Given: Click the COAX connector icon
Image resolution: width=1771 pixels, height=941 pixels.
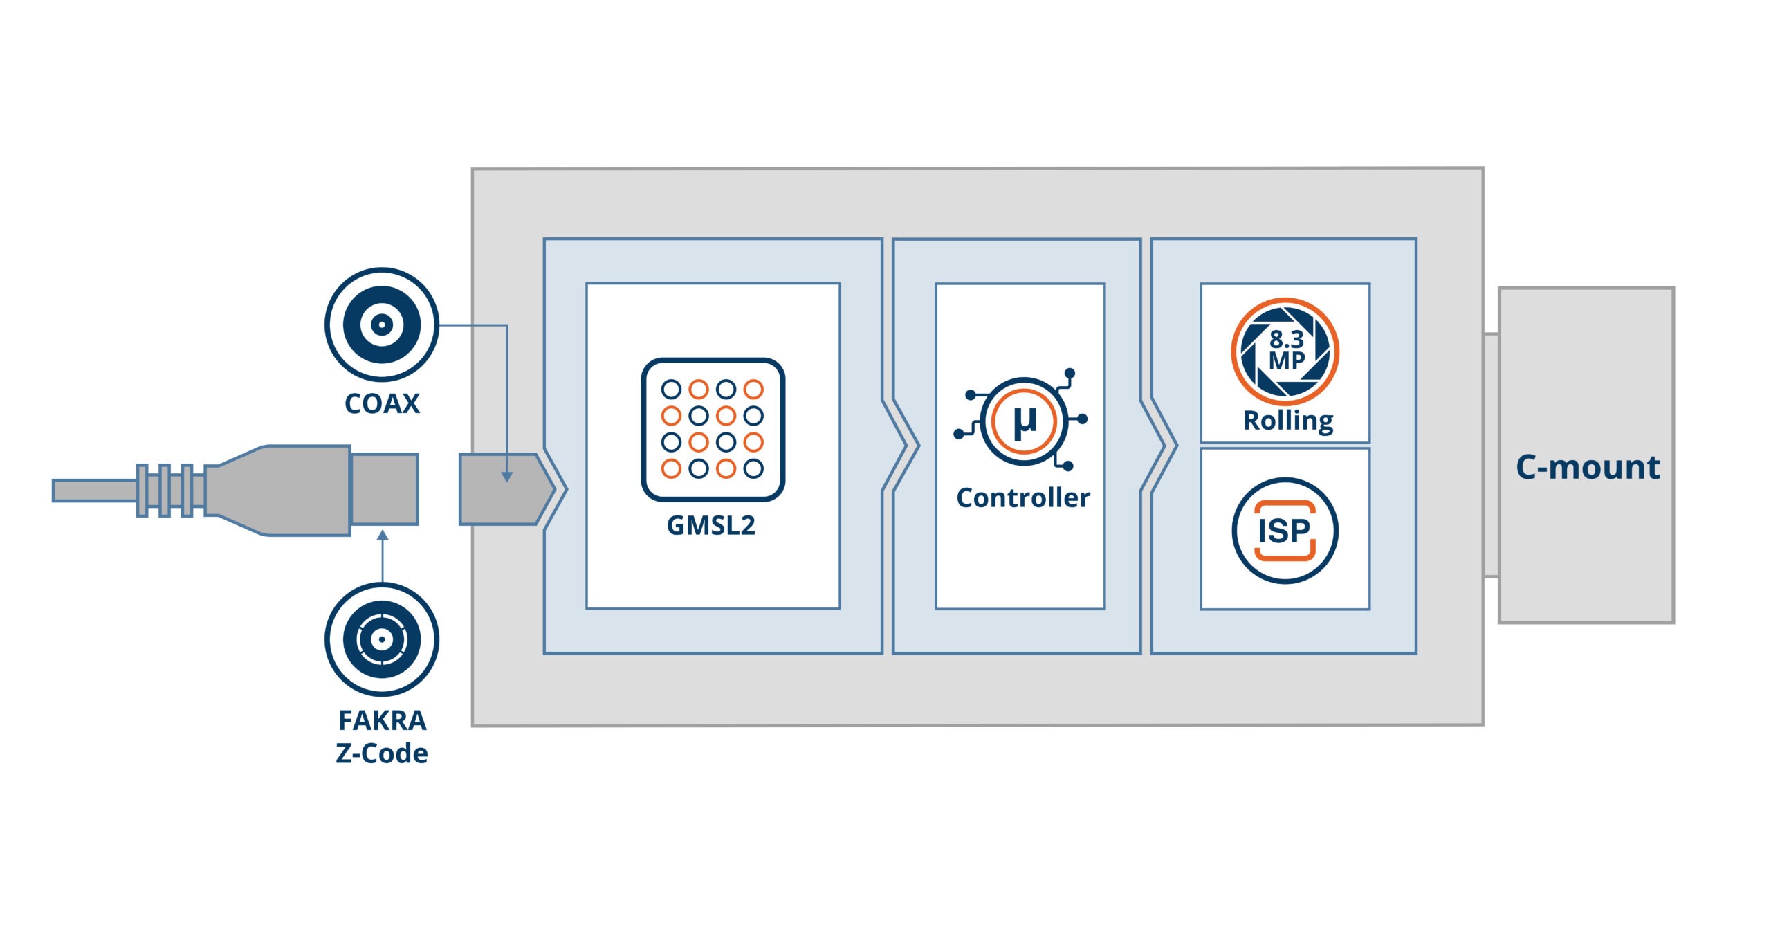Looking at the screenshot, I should [x=382, y=324].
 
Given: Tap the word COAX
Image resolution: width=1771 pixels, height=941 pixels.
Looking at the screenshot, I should [x=382, y=404].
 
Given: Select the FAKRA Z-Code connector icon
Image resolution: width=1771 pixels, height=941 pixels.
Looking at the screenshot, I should [x=382, y=639].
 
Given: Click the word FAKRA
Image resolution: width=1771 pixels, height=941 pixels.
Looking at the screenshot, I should [x=382, y=721].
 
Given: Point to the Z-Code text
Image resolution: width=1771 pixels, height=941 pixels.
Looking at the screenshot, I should [x=382, y=753].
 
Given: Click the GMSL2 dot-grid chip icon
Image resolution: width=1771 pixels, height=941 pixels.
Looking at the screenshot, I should [x=713, y=429].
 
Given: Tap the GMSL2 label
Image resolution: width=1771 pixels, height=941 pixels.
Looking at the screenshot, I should [x=711, y=526].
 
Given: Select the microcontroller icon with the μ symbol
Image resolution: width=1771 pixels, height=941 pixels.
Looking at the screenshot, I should [x=1024, y=421].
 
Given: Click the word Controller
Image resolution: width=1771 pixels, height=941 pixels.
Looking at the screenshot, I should [x=1023, y=498].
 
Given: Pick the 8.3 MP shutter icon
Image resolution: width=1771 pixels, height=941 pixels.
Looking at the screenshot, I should [x=1285, y=351].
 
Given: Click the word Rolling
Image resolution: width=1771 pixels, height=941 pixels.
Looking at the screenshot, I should [x=1288, y=421].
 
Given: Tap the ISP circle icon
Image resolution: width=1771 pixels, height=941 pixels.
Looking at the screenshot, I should [x=1285, y=531].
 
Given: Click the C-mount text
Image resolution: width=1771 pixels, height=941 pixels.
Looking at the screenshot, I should [x=1588, y=468].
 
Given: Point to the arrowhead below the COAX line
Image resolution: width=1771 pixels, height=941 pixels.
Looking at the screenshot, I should [x=507, y=477].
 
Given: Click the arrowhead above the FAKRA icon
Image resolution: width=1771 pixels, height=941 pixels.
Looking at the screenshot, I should [x=383, y=535].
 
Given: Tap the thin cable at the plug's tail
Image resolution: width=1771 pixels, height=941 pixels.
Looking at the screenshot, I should [x=94, y=491].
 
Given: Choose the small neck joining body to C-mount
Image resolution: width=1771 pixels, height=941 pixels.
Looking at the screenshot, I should [x=1491, y=455].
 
